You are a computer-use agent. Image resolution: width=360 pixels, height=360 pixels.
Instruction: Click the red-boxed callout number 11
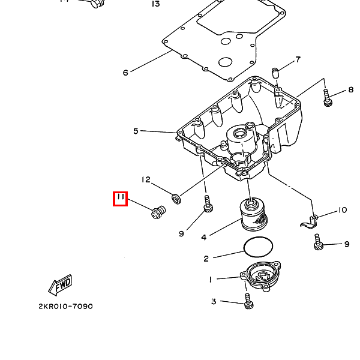click(x=121, y=199)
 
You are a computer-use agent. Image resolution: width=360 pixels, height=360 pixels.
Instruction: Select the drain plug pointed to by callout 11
click(x=158, y=212)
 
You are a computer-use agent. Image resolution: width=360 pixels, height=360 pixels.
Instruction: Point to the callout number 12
click(x=146, y=179)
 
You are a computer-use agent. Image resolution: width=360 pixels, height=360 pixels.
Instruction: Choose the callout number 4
click(x=204, y=238)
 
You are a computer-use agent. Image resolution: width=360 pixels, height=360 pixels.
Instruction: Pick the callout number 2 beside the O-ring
click(x=206, y=259)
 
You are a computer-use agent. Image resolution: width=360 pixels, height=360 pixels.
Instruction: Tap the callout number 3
click(x=213, y=301)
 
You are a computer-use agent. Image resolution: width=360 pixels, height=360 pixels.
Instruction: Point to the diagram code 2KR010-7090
click(x=65, y=306)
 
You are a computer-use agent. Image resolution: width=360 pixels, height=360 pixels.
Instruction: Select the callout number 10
click(x=342, y=210)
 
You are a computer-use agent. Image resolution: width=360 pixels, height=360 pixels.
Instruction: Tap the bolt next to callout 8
click(x=328, y=98)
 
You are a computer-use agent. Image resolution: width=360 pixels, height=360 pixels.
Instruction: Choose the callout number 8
click(x=350, y=91)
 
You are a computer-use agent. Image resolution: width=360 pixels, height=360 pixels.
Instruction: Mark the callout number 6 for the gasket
click(x=125, y=73)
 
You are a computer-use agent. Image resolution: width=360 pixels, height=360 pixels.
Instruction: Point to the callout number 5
click(x=136, y=131)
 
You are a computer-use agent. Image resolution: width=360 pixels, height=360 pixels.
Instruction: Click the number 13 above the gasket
click(x=155, y=4)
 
